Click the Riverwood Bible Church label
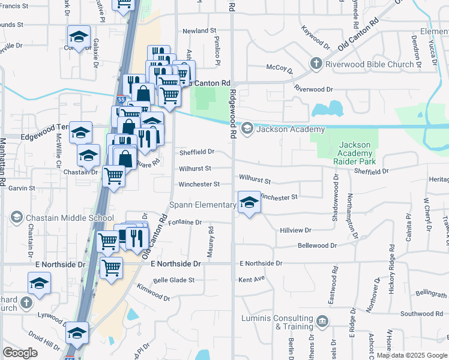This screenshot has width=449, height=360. click(369, 64)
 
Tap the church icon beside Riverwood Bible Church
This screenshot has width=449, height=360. click(316, 64)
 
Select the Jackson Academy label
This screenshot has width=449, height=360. click(291, 129)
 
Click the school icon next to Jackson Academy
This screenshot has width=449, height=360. click(247, 129)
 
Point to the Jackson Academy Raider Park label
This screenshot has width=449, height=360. click(358, 153)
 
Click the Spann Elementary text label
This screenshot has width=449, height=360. click(202, 205)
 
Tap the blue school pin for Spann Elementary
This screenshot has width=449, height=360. click(249, 203)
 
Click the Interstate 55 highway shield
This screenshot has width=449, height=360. click(122, 99)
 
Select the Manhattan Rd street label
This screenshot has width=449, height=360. click(2, 162)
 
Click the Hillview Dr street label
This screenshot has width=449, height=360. click(295, 230)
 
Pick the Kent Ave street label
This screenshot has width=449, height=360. click(252, 280)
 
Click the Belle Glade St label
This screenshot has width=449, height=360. click(174, 280)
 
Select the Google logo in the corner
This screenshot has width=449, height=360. click(20, 353)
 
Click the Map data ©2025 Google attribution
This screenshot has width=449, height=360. click(412, 355)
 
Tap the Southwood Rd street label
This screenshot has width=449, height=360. click(421, 314)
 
